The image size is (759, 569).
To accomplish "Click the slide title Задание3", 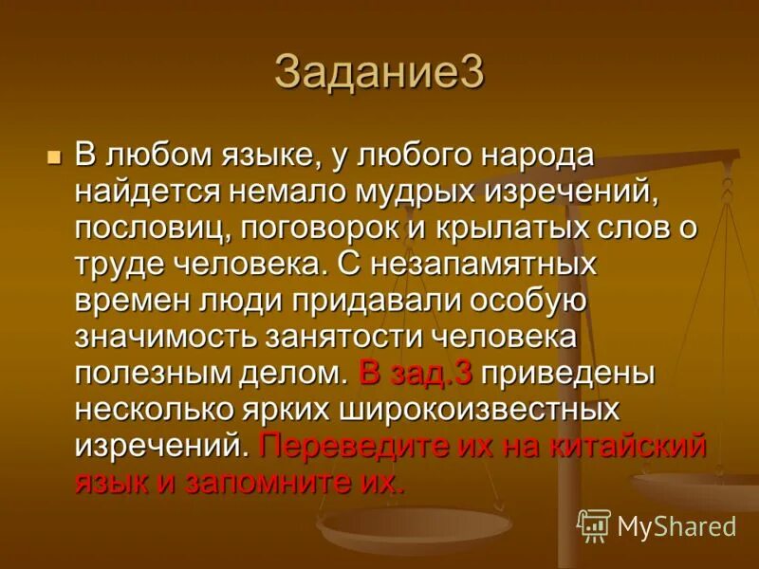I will coord(379,72).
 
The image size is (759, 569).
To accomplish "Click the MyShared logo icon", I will coord(594,525).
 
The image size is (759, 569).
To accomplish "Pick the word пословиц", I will coord(148,228).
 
